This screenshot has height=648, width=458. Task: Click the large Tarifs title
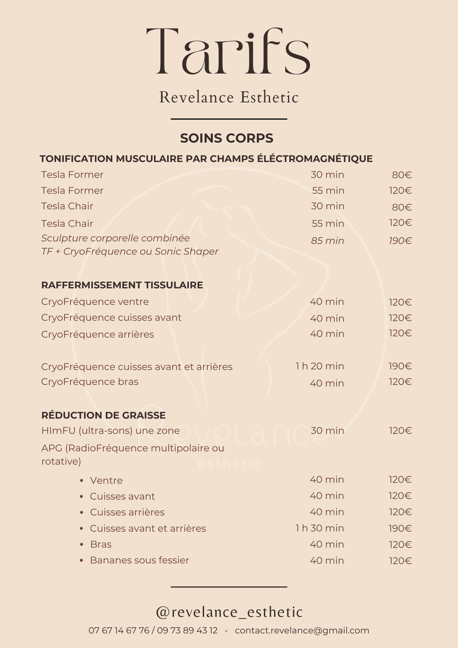coord(228,52)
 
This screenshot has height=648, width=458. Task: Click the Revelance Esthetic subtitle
coord(229,97)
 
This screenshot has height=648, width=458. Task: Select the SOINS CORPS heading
coord(227,138)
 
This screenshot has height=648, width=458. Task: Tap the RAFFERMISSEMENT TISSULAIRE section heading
coord(122,285)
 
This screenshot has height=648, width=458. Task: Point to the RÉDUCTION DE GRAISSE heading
coord(104,415)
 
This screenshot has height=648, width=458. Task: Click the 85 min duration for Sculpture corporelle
coord(327,241)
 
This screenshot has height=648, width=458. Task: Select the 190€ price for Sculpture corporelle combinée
coord(400,241)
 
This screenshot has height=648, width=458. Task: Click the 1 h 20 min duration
coord(320,366)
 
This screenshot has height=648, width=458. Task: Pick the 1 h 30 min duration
coord(320,528)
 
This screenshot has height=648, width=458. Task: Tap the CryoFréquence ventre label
coord(95,302)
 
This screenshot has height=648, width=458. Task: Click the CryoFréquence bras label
coord(90,382)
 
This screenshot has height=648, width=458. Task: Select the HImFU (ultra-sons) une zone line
coord(110,431)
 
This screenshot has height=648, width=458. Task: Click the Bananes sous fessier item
coord(140,560)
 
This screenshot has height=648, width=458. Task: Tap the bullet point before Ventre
coord(82,480)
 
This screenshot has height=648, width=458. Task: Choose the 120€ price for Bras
coord(400,544)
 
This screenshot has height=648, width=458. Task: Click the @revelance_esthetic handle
coord(229,612)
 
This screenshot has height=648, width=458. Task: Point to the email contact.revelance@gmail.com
coord(302,631)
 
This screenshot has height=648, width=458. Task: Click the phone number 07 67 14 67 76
coord(119,631)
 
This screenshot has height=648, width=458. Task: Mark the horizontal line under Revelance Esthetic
coord(229,119)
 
